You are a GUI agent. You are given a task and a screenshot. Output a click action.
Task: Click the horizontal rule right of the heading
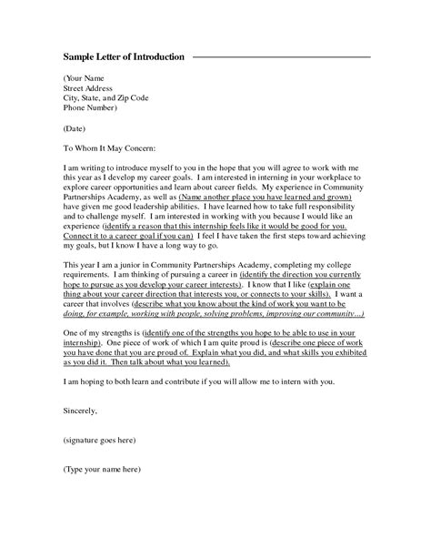[x=282, y=57]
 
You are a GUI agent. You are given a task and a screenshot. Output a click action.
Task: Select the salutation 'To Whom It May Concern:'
[x=110, y=147]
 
